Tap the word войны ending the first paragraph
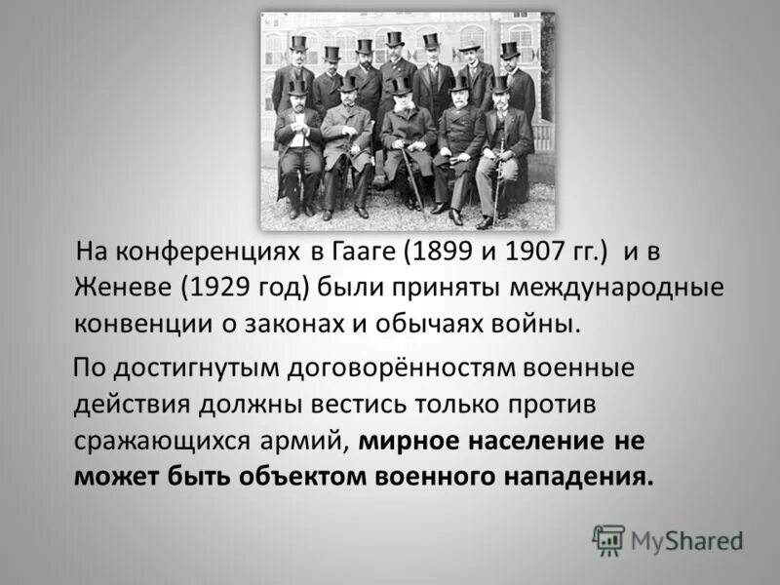537,322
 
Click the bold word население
537,439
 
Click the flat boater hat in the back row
470,46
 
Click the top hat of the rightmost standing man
509,49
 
